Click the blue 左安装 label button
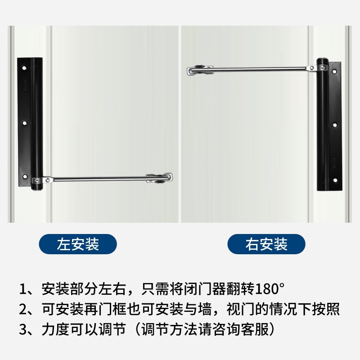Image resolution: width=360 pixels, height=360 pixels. pyautogui.click(x=78, y=244)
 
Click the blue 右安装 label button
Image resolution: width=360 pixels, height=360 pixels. pyautogui.click(x=266, y=244)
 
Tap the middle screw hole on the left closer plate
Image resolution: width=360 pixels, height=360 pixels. pyautogui.click(x=25, y=122)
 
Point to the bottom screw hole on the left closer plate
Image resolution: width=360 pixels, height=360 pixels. pyautogui.click(x=25, y=175)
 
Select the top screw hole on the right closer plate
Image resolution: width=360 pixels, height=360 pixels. pyautogui.click(x=334, y=72)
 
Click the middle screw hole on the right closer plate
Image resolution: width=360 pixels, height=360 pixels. pyautogui.click(x=334, y=125)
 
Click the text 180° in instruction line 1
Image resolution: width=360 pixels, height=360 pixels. pyautogui.click(x=270, y=287)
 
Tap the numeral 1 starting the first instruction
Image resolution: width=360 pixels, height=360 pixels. pyautogui.click(x=23, y=287)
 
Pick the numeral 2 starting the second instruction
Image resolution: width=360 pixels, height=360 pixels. pyautogui.click(x=23, y=309)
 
